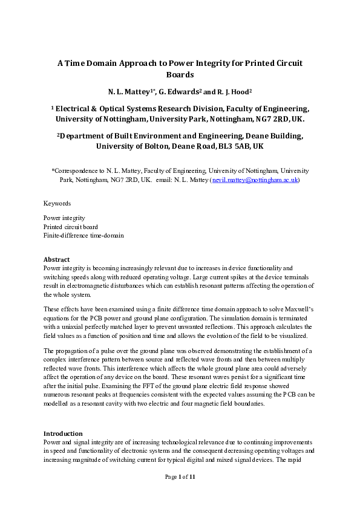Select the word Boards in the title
coord(180,75)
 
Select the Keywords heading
coord(57,204)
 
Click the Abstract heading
coord(56,259)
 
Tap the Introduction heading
coord(63,433)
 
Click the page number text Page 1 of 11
coord(180,477)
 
